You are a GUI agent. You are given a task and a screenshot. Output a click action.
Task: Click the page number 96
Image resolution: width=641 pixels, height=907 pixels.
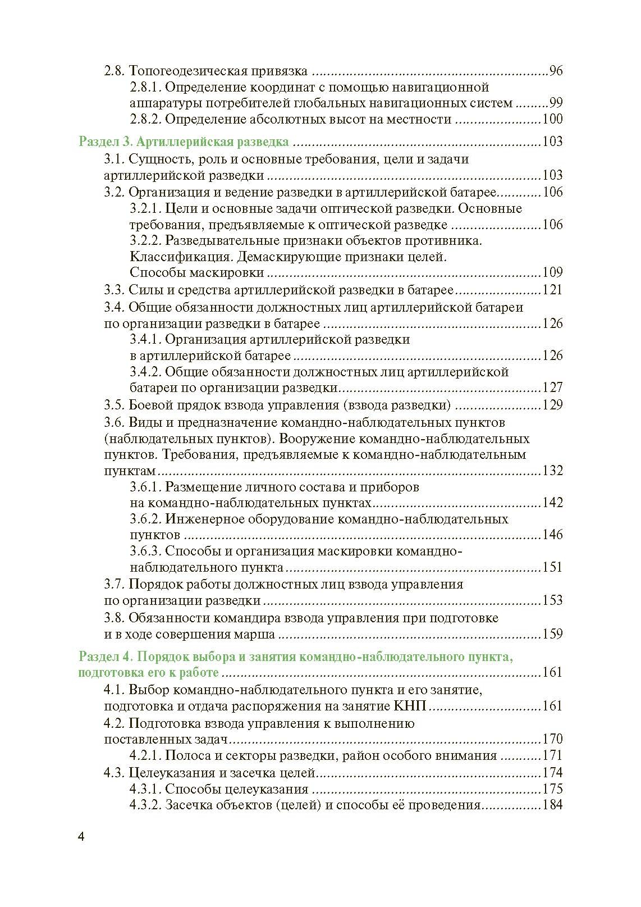[x=556, y=71]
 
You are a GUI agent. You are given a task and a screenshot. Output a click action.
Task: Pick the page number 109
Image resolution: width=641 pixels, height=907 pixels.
[x=552, y=273]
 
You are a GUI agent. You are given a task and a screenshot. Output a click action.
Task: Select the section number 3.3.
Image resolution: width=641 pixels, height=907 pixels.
[x=114, y=290]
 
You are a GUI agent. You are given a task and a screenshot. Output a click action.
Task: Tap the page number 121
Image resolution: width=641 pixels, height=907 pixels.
[x=552, y=290]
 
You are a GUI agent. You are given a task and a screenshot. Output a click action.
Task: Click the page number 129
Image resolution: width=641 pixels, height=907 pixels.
[x=552, y=405]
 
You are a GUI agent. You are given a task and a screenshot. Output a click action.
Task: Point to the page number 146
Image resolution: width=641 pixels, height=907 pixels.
[x=552, y=534]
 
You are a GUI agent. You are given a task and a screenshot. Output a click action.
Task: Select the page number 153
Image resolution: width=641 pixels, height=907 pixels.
[x=552, y=600]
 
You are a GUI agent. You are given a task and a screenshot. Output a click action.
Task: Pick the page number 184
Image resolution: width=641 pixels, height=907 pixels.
[x=552, y=805]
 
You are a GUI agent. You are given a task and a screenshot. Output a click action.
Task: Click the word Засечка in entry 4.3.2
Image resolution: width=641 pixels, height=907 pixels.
[x=189, y=805]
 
